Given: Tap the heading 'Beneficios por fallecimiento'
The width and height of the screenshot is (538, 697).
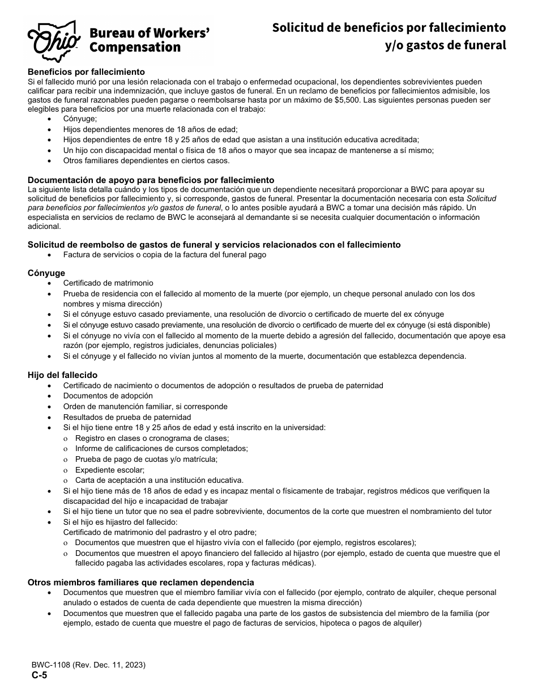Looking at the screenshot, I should [86, 72].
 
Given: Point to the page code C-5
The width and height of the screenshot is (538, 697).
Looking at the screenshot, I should [35, 675].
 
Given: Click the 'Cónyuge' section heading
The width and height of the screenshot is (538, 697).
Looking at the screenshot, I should [46, 273].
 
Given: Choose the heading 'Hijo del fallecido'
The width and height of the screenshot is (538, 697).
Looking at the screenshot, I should [62, 375].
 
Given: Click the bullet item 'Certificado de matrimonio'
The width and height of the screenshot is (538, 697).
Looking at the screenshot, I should [108, 283].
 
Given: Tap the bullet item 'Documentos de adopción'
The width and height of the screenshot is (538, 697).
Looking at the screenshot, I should [108, 396].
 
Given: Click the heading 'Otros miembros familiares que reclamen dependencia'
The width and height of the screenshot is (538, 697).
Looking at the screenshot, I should [140, 583].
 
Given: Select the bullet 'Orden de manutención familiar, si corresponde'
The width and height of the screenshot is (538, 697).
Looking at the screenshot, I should [145, 406].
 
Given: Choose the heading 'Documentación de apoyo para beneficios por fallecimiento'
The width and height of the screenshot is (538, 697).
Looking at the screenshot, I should [151, 180].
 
